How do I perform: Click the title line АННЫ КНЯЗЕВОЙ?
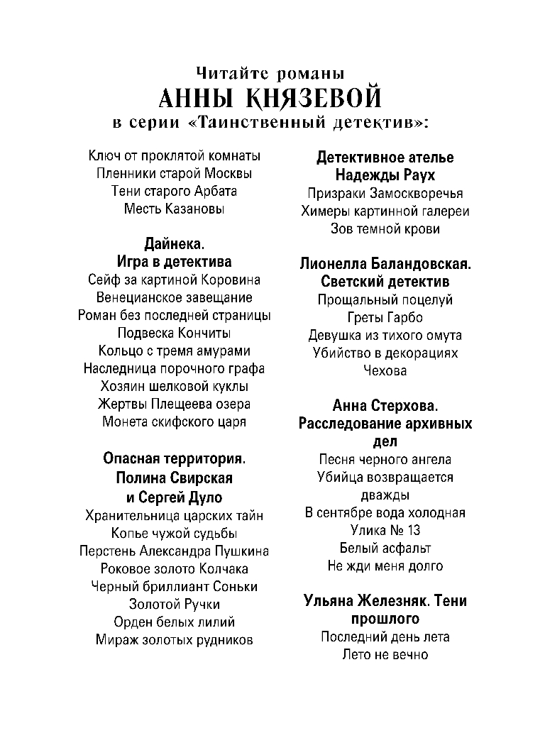coord(272,97)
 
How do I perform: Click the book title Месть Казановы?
coord(174,209)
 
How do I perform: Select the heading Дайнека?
coord(174,245)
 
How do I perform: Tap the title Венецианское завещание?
coord(174,297)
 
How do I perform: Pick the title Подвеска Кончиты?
coord(174,333)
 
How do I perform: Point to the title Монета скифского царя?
coord(174,421)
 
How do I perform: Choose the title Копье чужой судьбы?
coord(174,533)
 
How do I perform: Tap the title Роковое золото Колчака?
coord(174,568)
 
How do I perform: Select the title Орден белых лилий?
coord(174,622)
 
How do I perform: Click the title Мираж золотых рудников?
coord(174,639)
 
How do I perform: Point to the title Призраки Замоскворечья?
coord(385,193)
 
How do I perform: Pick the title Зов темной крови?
coord(385,228)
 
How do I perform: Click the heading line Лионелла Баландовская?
coord(385,264)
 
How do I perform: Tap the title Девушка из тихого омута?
coord(385,335)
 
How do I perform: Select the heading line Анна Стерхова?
coord(385,406)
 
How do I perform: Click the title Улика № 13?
coord(385,530)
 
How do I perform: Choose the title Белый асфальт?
coord(385,548)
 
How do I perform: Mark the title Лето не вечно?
coord(385,654)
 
